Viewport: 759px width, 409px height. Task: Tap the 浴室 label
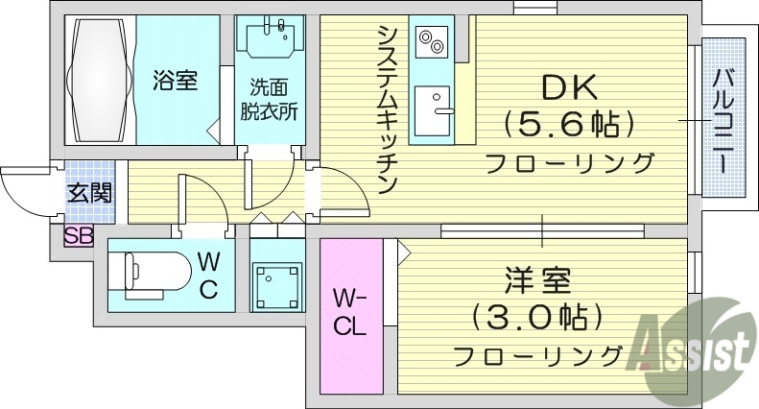pos(175,82)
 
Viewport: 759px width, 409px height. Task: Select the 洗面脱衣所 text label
pos(269,99)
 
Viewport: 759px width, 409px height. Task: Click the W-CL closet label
pos(348,312)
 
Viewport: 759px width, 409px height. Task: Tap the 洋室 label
pos(537,283)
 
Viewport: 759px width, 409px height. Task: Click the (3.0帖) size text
pos(537,317)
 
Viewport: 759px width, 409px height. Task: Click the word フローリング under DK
pos(570,163)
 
